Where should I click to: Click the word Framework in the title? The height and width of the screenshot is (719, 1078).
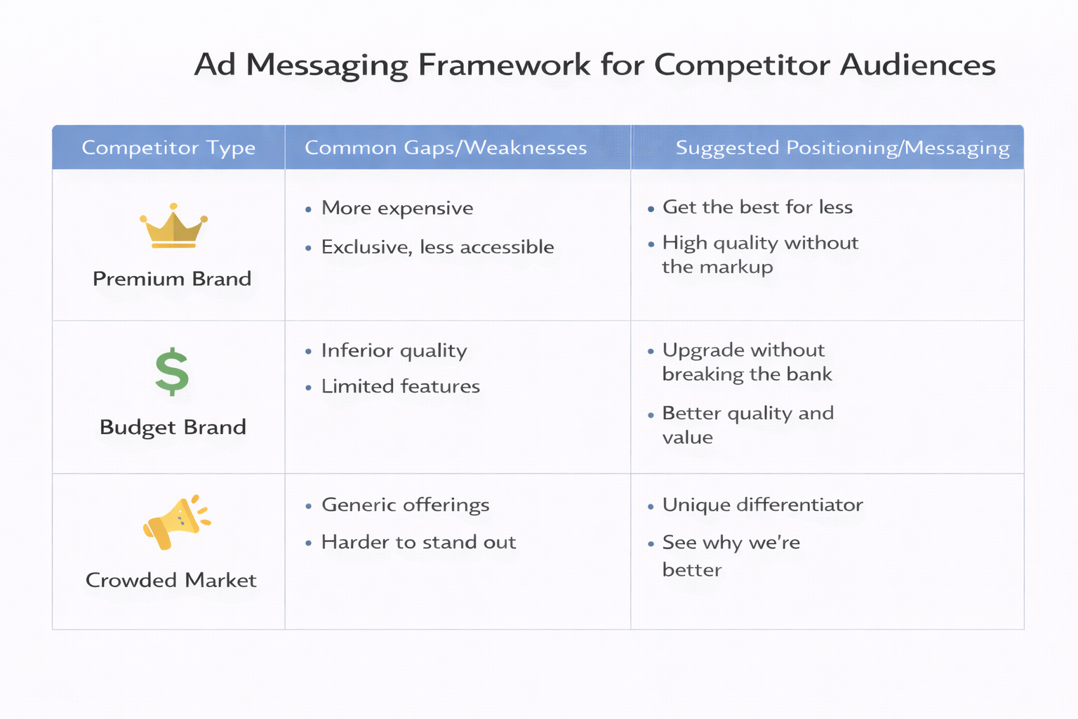click(504, 65)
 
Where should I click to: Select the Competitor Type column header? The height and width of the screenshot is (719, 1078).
click(168, 147)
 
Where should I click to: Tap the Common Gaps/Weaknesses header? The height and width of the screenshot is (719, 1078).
click(446, 147)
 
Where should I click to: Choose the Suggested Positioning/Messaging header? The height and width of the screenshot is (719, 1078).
click(842, 147)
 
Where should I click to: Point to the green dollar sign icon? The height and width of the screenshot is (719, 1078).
click(172, 372)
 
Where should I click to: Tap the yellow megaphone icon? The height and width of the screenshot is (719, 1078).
click(175, 522)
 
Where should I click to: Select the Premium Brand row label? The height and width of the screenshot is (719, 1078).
click(172, 279)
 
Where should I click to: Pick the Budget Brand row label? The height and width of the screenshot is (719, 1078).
click(173, 427)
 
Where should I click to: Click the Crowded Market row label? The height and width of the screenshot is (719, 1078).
click(171, 580)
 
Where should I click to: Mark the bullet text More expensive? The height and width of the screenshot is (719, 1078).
click(397, 208)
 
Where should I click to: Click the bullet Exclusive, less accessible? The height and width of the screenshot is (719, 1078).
click(437, 247)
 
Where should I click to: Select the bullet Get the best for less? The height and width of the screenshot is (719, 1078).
click(757, 207)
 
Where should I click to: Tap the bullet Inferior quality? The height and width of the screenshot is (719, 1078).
click(394, 350)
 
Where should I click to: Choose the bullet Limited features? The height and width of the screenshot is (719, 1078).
click(400, 386)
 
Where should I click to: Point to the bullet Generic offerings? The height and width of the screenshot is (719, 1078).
click(405, 505)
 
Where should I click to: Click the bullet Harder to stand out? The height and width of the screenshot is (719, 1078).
click(418, 542)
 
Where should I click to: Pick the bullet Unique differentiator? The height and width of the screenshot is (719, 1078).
click(762, 505)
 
